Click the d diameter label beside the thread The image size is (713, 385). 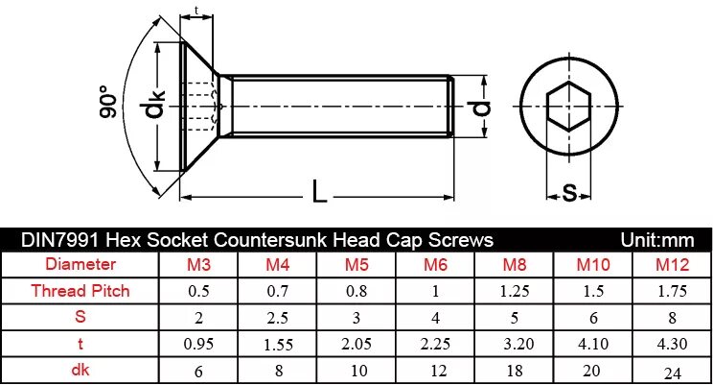pos(483,107)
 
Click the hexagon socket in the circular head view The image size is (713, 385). pos(567,108)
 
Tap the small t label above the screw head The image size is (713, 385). pos(196,11)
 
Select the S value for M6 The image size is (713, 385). pos(436,317)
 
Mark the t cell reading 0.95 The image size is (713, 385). pos(198,343)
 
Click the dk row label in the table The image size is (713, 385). pos(80,369)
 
